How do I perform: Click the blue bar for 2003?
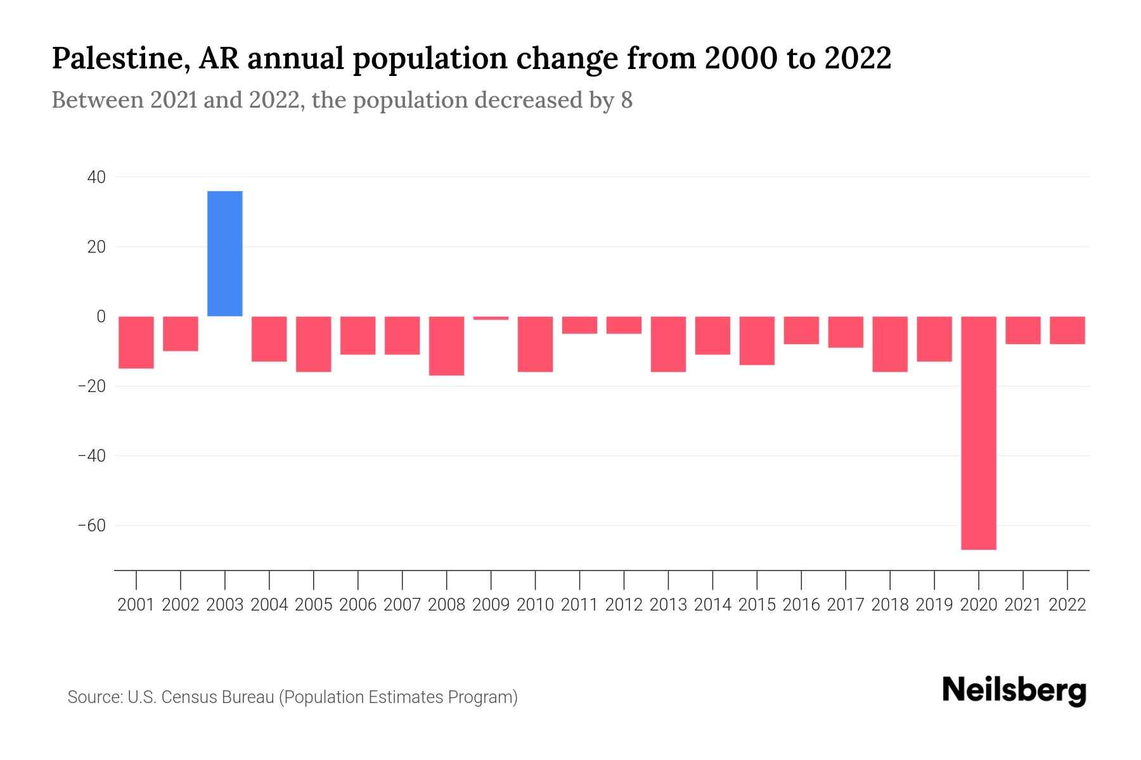225,253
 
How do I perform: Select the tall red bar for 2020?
979,433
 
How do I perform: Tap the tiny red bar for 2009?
491,318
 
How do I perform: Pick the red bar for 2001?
136,342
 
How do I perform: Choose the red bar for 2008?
446,346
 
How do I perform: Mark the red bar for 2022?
1067,330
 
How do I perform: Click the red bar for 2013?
668,344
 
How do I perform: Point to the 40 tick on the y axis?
96,177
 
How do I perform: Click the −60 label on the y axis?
91,526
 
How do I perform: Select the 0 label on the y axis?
101,317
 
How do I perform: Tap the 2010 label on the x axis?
535,605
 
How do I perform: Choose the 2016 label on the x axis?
801,605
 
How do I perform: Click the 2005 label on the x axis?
314,605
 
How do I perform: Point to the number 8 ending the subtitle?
626,100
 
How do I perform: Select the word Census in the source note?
190,697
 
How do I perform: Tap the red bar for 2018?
890,344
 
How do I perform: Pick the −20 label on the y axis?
91,386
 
